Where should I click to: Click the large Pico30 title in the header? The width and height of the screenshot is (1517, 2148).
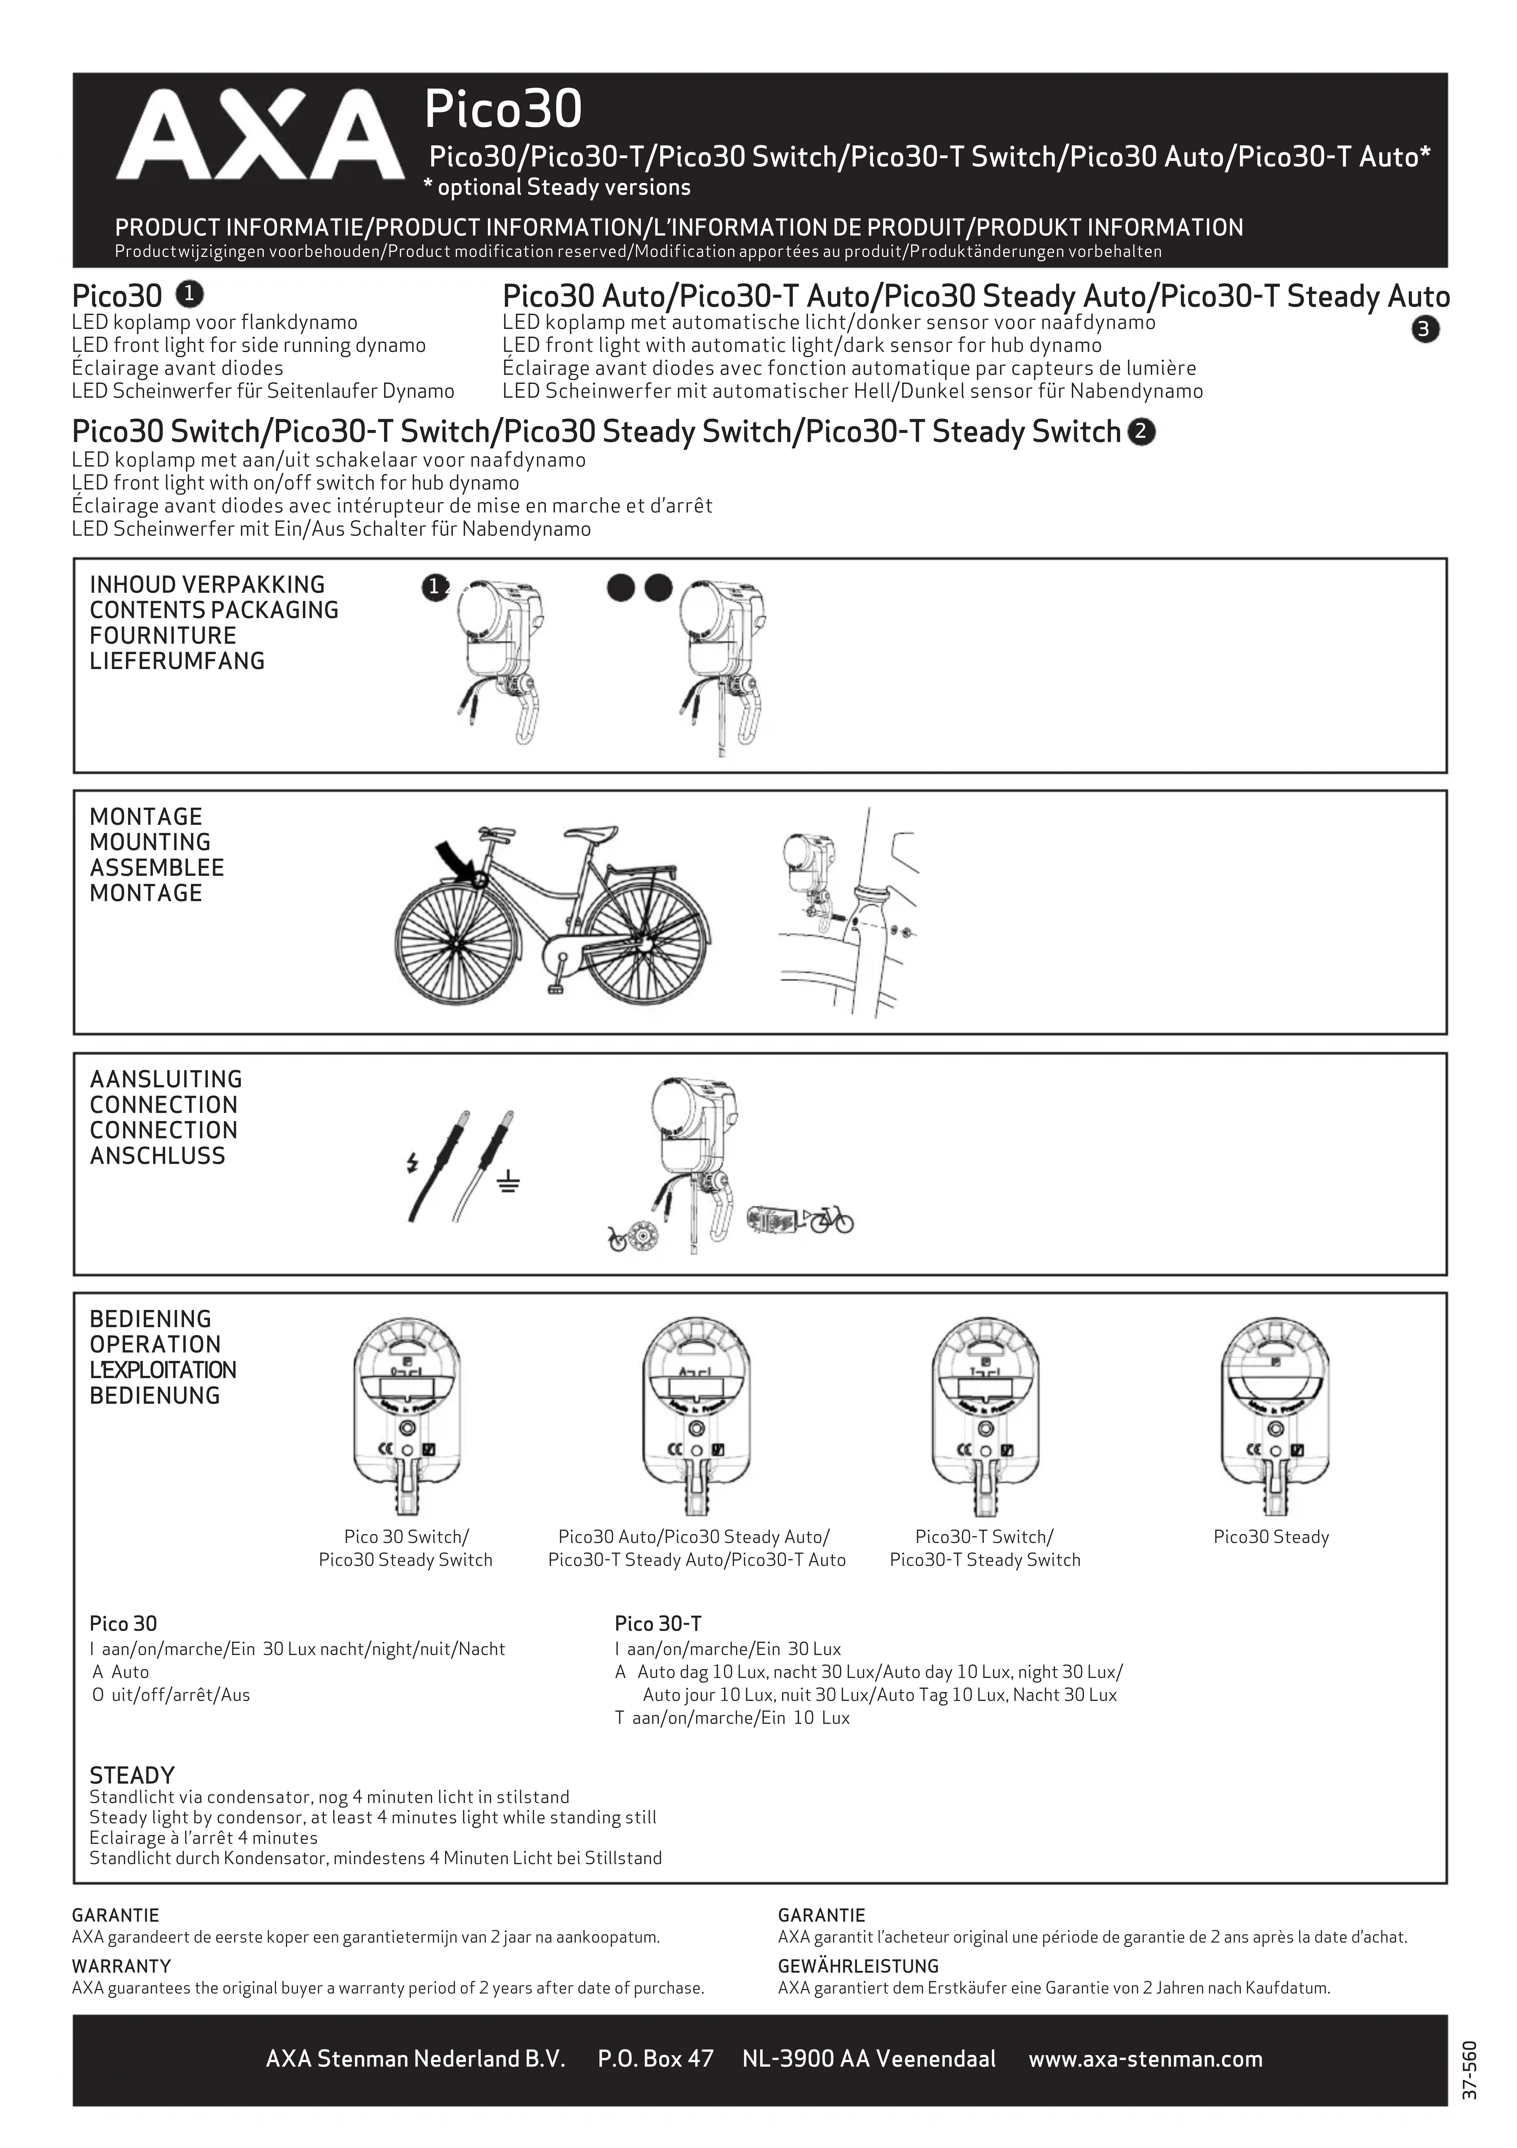(x=503, y=109)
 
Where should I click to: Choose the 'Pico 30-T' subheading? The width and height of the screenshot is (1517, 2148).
(x=657, y=1623)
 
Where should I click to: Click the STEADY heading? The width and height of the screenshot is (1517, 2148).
(x=132, y=1775)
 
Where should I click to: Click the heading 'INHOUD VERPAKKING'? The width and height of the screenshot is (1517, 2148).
(x=207, y=585)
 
